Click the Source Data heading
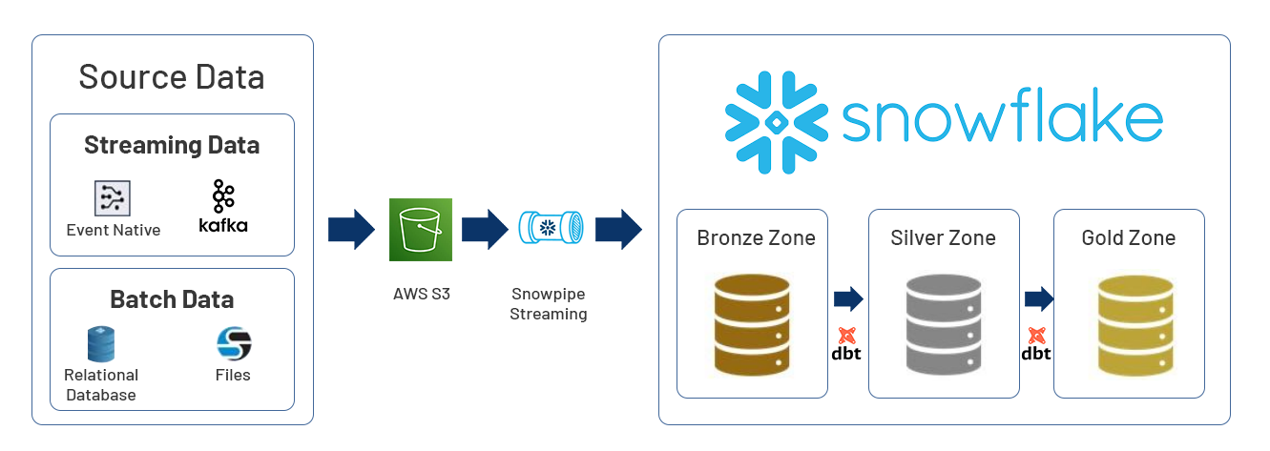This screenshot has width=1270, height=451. (x=172, y=76)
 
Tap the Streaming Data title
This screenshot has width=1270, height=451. (x=172, y=145)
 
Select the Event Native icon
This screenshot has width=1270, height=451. (x=113, y=197)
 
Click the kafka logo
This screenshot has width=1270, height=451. (x=223, y=206)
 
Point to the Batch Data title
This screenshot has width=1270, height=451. (x=172, y=299)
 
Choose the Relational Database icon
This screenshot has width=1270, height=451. (x=101, y=344)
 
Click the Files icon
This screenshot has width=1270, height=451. (x=233, y=343)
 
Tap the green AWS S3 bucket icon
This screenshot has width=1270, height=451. (x=420, y=230)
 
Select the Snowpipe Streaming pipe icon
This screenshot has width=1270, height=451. (x=549, y=229)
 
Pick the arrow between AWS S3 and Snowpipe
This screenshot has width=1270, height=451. (x=485, y=230)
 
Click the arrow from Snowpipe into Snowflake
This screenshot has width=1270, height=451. (x=618, y=230)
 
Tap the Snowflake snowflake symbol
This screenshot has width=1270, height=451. (x=776, y=122)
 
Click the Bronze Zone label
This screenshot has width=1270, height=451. (x=756, y=237)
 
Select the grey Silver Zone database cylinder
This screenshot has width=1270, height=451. (x=944, y=325)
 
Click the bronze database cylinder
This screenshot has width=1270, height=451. (x=752, y=325)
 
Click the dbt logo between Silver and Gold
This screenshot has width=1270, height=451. (x=1036, y=344)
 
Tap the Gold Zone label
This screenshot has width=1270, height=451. (x=1129, y=237)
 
